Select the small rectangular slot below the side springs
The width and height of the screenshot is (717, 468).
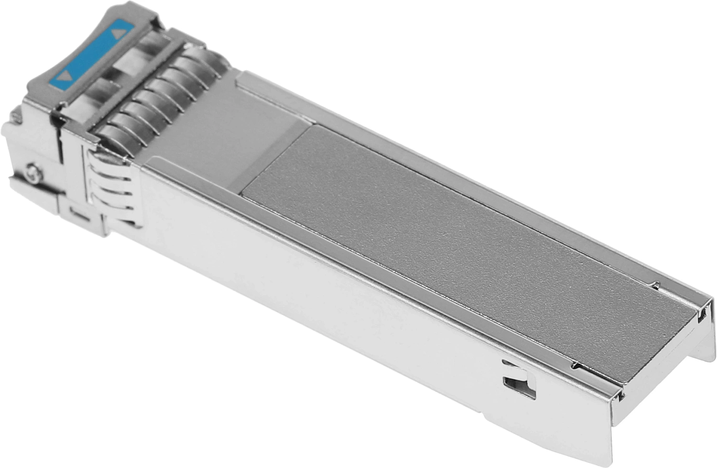[x=79, y=213]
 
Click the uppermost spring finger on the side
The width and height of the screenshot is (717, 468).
[x=108, y=158]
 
